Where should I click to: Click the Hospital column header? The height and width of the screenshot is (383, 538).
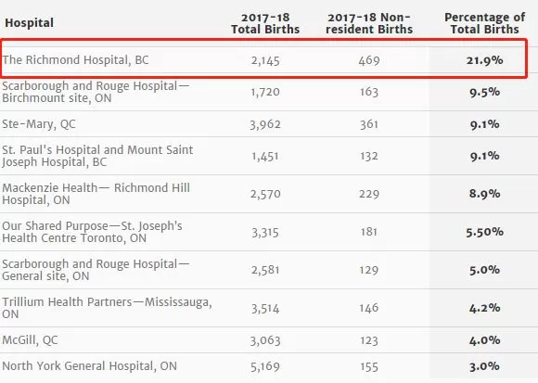point(29,22)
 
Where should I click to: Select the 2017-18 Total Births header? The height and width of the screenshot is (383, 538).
point(265,23)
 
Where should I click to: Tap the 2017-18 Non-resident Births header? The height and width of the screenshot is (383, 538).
point(369,23)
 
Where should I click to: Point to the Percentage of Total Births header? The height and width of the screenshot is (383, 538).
point(484,23)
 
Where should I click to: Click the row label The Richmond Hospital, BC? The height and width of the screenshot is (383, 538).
point(75,60)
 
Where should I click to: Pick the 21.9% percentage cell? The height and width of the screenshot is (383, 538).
point(484,60)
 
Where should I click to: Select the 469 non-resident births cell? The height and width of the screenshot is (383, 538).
point(369,60)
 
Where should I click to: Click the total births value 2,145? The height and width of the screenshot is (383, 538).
point(265,61)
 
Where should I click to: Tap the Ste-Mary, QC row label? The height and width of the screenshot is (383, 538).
point(39,123)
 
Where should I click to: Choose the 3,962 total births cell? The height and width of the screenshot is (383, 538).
point(265,124)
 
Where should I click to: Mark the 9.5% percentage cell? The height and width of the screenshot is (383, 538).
point(484,92)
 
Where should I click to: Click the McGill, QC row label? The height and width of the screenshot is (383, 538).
point(30,340)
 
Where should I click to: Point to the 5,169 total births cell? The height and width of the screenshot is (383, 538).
point(265,367)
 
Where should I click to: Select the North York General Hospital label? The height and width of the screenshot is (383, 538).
point(90,366)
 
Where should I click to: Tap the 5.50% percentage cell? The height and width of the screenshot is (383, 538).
point(484,232)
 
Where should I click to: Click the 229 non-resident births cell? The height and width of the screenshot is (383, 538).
point(369,194)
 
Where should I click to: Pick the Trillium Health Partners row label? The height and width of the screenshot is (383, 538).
point(107,308)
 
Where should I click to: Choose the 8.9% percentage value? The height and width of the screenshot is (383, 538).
point(484,194)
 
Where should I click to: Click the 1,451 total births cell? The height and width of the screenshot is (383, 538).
point(265,157)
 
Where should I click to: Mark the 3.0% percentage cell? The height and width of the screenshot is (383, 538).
point(484,366)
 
